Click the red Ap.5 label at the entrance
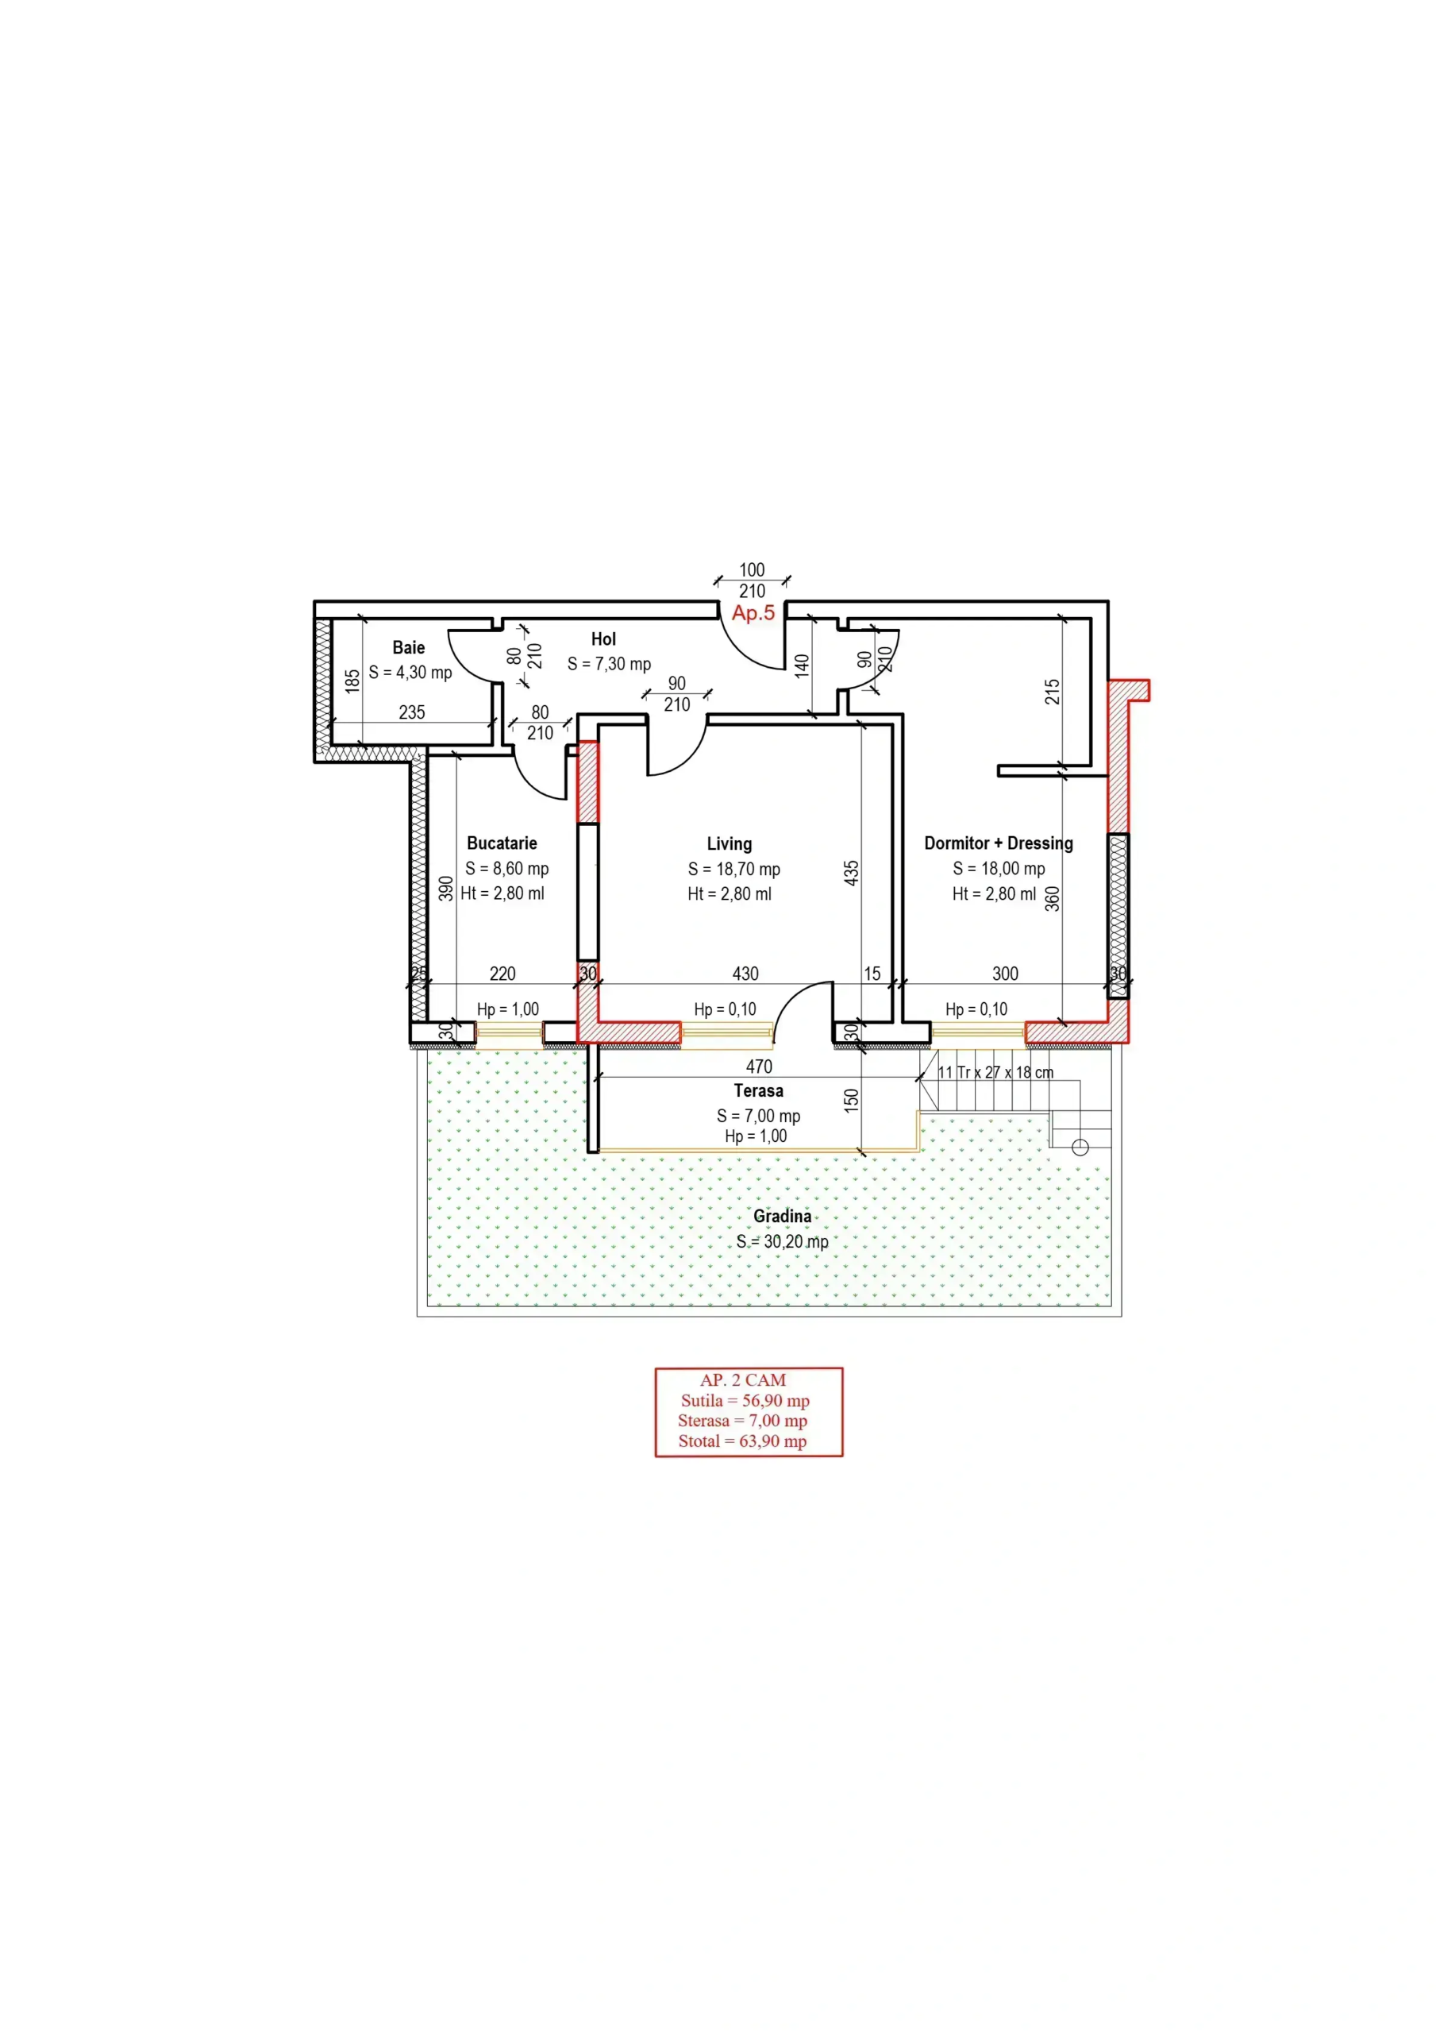click(753, 613)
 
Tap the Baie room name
click(408, 647)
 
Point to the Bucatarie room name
click(502, 843)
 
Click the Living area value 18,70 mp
click(748, 870)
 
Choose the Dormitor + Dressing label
click(999, 843)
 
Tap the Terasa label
click(759, 1091)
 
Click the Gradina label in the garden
click(782, 1216)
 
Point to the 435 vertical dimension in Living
click(851, 874)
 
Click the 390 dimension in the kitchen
click(446, 888)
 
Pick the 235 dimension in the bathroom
click(412, 712)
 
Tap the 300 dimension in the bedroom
click(1005, 973)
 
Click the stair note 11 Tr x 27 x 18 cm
click(996, 1072)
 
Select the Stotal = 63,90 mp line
click(743, 1441)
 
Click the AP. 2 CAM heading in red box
click(743, 1379)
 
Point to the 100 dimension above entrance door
click(752, 569)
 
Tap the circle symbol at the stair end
click(1080, 1148)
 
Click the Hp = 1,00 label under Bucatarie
click(508, 1009)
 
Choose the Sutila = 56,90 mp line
click(745, 1400)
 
